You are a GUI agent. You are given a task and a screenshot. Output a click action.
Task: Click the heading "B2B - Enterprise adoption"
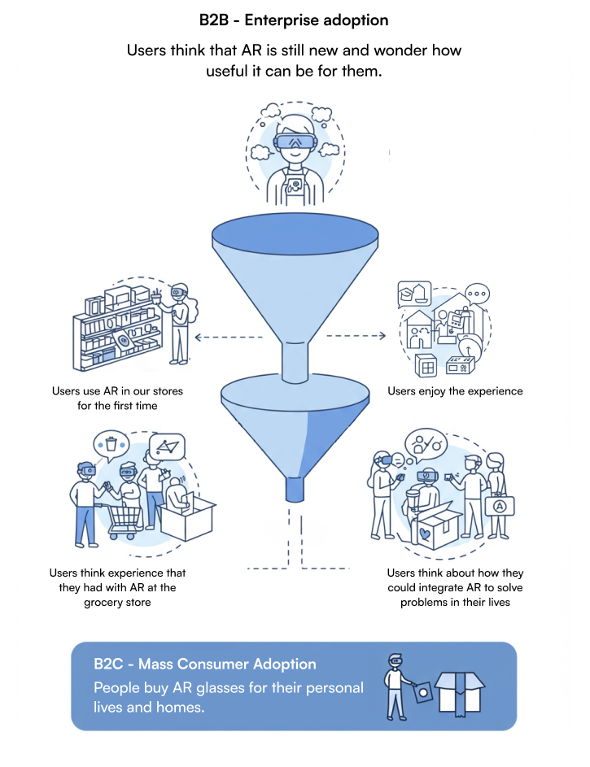click(x=294, y=19)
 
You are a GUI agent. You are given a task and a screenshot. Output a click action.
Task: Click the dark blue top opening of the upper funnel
click(x=295, y=234)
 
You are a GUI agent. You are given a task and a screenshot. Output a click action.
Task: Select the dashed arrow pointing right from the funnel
click(x=356, y=335)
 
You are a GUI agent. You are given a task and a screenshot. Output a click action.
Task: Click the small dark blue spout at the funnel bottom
click(x=295, y=490)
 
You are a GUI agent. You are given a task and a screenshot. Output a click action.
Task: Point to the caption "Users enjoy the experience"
click(x=455, y=391)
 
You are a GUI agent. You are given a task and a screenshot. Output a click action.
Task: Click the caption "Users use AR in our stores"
click(x=118, y=391)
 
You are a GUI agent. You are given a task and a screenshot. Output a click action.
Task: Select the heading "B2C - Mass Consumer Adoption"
click(x=204, y=665)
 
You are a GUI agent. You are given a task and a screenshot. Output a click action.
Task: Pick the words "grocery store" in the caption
click(x=118, y=603)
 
